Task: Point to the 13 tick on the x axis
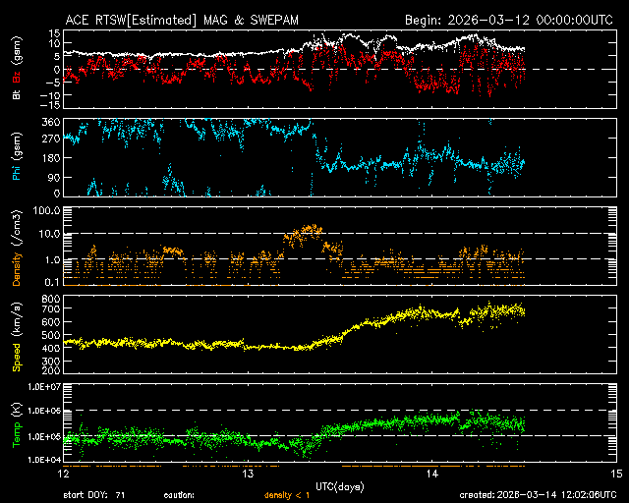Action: (249, 474)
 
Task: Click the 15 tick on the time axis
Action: (615, 474)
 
